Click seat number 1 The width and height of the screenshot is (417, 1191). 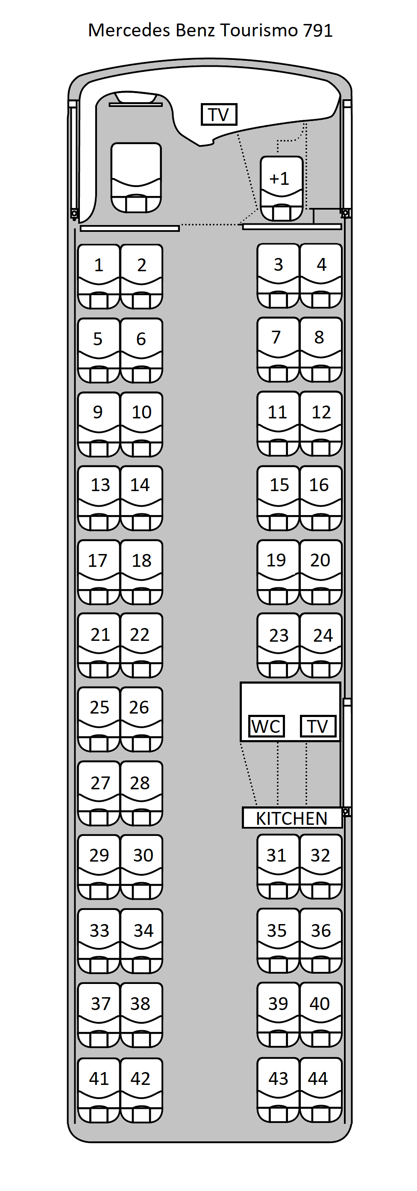99,276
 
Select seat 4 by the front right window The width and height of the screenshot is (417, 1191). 321,276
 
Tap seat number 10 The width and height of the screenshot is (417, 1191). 141,424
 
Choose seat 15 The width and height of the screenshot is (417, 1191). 279,498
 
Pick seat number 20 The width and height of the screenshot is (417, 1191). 321,572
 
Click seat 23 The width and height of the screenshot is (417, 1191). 279,646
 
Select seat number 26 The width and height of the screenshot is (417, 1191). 141,720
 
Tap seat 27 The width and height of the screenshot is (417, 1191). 99,794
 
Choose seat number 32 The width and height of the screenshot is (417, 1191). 321,867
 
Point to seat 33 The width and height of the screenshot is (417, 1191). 99,941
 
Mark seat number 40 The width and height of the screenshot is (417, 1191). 321,1015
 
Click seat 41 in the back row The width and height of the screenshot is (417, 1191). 99,1090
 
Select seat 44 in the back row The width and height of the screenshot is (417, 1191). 321,1090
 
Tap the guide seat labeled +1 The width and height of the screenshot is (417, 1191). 282,189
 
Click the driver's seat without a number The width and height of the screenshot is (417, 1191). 136,178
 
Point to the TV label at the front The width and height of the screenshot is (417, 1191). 219,114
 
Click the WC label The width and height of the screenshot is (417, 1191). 266,726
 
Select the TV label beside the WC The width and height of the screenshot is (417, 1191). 318,726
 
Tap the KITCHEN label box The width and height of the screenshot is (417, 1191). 292,818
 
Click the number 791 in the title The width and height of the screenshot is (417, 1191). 318,30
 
